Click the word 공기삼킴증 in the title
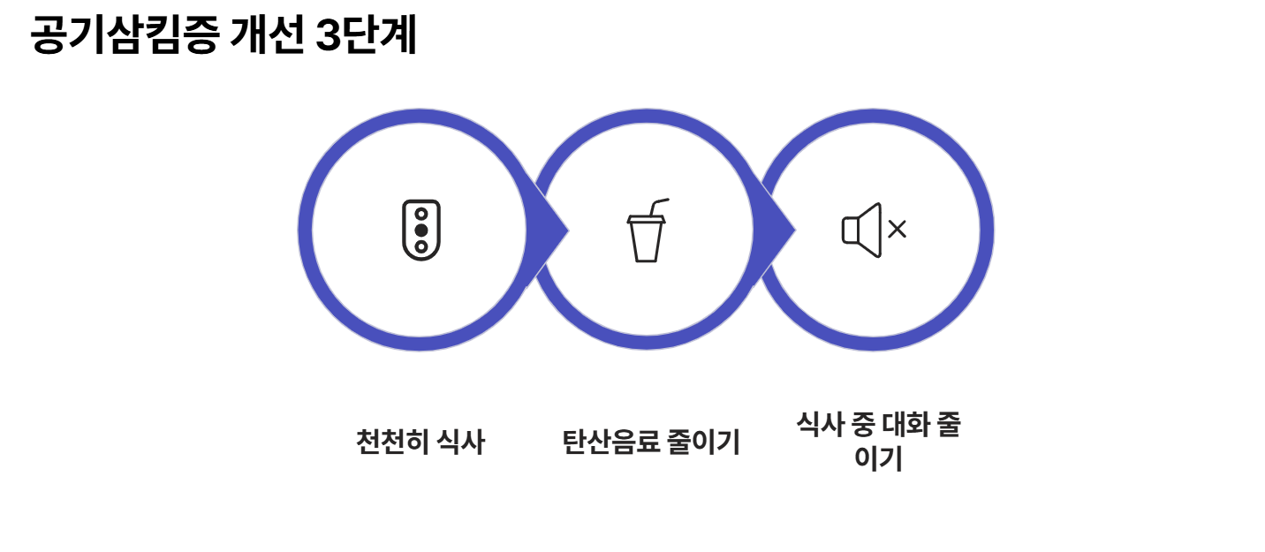tap(124, 37)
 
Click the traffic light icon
tap(421, 231)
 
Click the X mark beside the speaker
tap(898, 231)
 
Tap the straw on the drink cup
tap(658, 206)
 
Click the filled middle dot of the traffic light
tap(421, 231)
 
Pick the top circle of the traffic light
tap(421, 214)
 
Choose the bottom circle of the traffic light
tap(421, 246)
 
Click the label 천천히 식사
tap(420, 442)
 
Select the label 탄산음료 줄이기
tap(650, 442)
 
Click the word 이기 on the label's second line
tap(878, 459)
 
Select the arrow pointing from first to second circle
tap(549, 231)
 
